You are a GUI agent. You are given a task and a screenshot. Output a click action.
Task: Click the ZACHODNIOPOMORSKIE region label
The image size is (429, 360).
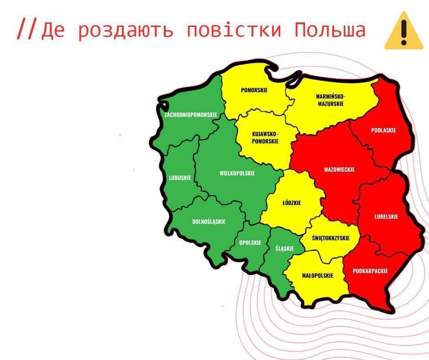[x=191, y=115]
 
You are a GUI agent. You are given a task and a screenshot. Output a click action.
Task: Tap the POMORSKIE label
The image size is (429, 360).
[x=254, y=90]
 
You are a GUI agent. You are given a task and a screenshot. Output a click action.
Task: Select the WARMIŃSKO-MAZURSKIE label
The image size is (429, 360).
[x=330, y=100]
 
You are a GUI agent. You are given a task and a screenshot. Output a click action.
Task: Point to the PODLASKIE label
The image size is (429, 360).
[x=383, y=130]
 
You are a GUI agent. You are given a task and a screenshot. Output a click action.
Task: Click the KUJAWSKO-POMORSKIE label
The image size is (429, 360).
[x=265, y=138]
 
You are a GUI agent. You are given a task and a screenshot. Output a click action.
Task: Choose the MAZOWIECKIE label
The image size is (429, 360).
[x=339, y=169]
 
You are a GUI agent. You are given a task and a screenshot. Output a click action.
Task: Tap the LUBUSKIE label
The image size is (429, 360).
[x=180, y=178]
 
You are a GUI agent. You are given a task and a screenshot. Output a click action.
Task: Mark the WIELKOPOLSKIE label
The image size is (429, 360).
[x=237, y=173]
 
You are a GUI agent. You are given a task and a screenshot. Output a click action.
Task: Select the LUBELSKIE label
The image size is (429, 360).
[x=386, y=217]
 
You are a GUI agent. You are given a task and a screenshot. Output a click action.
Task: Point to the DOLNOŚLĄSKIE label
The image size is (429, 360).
[x=209, y=222]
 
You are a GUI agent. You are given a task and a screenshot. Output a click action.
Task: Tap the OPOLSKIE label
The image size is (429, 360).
[x=250, y=243]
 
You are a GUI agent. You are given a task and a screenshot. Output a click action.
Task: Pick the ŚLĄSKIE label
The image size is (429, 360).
[x=284, y=249]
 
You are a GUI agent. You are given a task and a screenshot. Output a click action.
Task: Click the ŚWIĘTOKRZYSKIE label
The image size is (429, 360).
[x=330, y=238]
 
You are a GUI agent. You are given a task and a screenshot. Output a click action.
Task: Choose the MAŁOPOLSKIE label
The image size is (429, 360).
[x=318, y=275]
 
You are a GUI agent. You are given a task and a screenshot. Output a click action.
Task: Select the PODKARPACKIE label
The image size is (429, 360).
[x=370, y=271]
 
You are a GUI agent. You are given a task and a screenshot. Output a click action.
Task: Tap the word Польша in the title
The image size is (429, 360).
[x=330, y=30]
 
